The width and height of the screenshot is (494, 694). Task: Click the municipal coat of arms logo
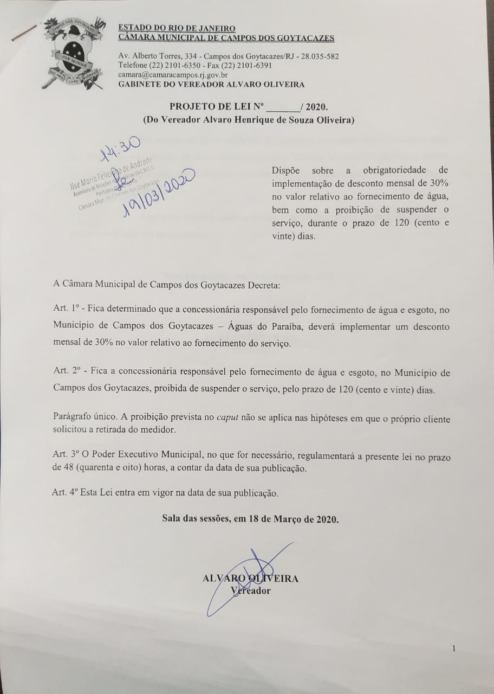point(73,53)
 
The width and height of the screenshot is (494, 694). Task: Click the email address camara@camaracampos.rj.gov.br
point(173,75)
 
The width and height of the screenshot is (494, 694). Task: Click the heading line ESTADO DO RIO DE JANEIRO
point(177,28)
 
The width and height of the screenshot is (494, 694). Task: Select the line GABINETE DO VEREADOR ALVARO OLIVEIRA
point(211,84)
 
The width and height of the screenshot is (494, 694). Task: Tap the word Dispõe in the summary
point(288,171)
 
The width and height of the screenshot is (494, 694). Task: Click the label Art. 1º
point(67,309)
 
